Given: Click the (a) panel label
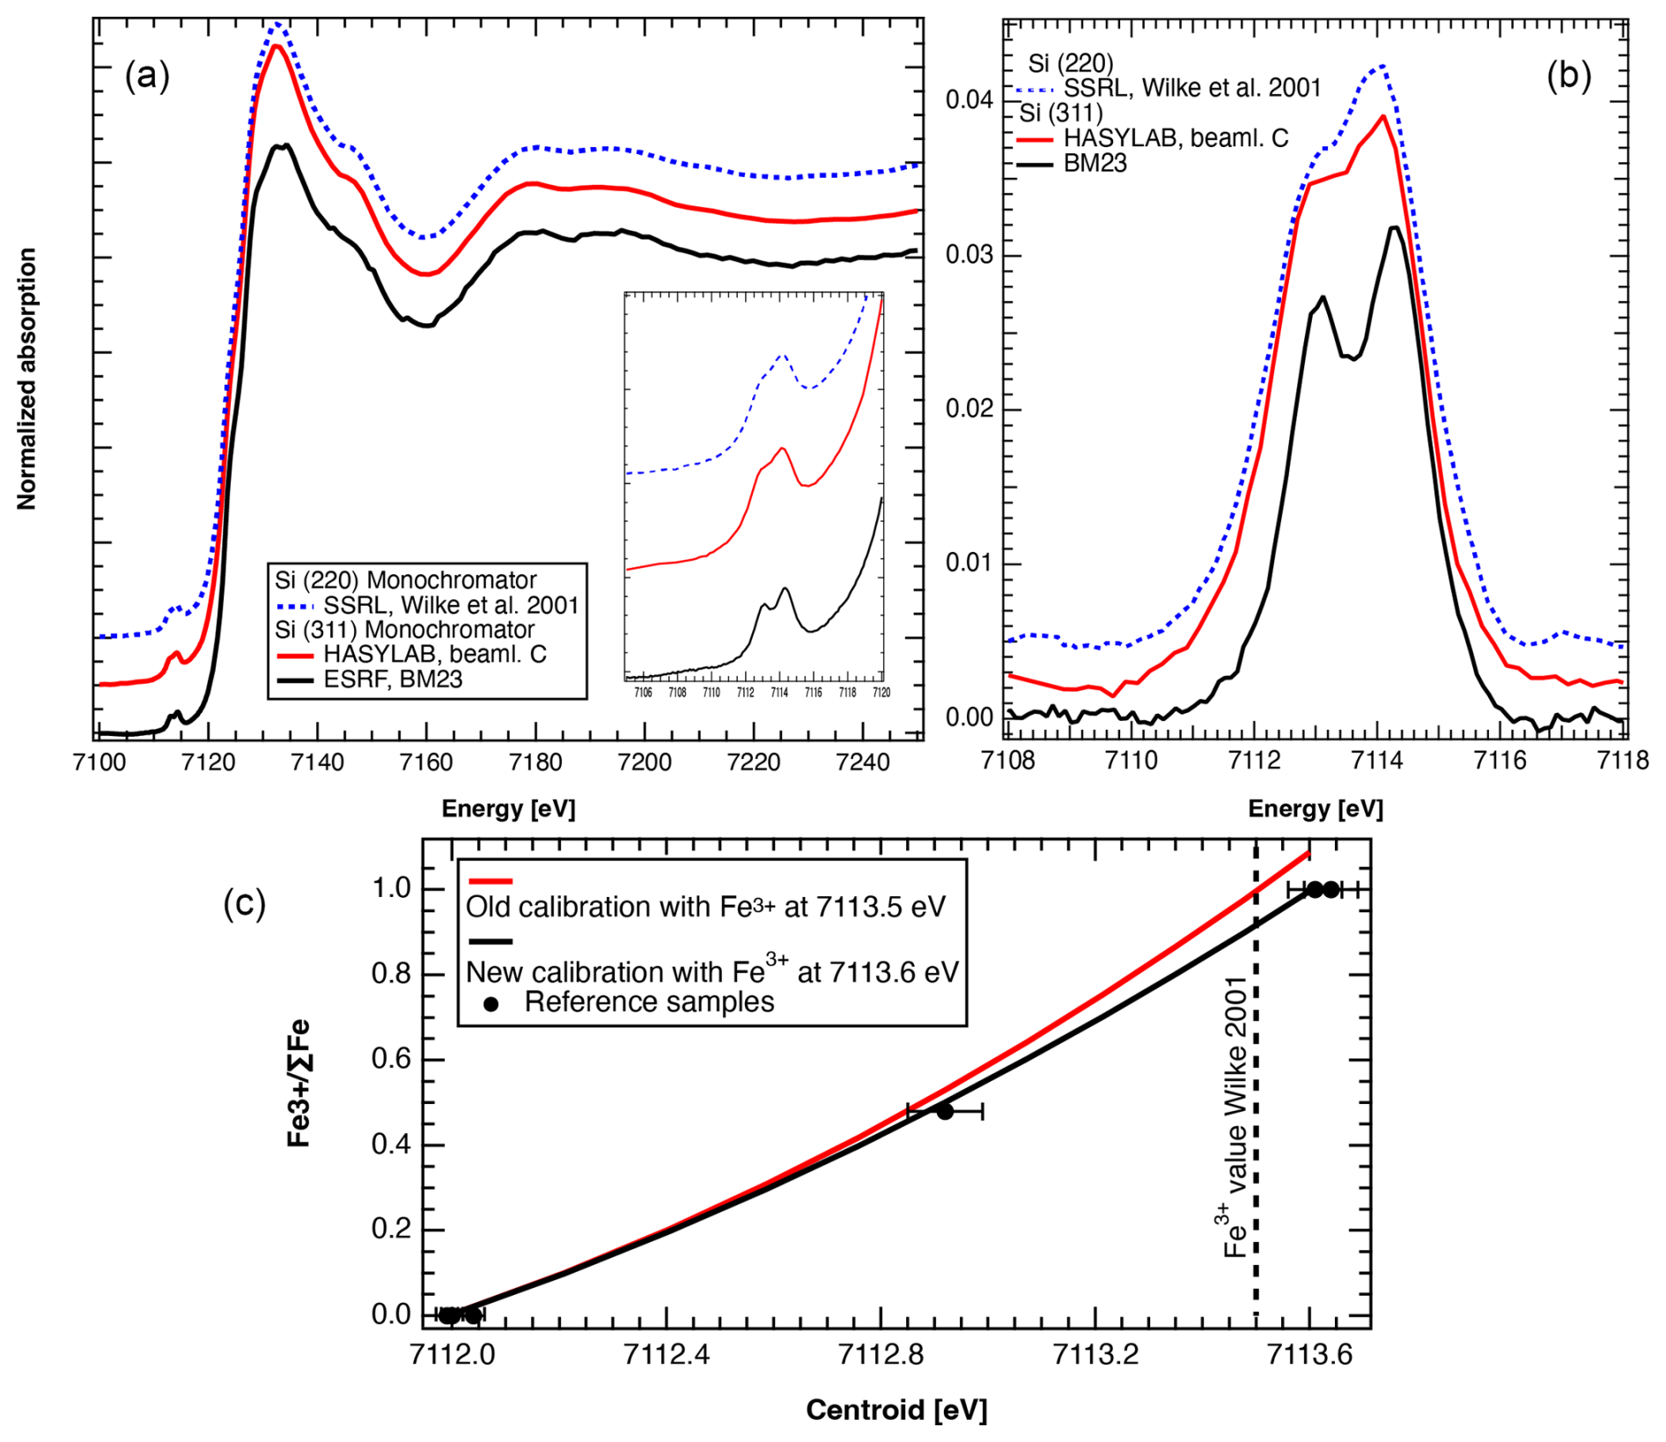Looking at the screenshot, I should tap(147, 77).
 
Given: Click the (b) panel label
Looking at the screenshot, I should tap(1568, 77).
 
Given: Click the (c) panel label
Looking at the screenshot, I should tap(244, 903).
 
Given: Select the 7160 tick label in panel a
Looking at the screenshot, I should tap(426, 762).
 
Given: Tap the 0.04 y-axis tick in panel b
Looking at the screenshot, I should tap(969, 100).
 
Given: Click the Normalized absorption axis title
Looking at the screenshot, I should tap(26, 379).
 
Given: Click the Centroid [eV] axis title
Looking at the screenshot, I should tap(896, 1410).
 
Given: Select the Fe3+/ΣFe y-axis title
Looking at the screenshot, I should tap(299, 1083).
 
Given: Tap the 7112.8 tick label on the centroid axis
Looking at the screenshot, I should tap(881, 1355).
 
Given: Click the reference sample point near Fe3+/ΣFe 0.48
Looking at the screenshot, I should tap(945, 1112).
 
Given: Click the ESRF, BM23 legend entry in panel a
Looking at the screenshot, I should tap(393, 680).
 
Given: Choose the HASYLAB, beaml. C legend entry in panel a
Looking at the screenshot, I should tap(435, 655).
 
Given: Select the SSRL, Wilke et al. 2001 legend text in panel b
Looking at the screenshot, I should tap(1192, 88).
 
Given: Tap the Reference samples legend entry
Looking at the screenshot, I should tap(649, 1003).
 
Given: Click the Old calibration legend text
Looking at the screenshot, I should tap(705, 907).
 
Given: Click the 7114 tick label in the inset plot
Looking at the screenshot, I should tap(779, 693).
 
